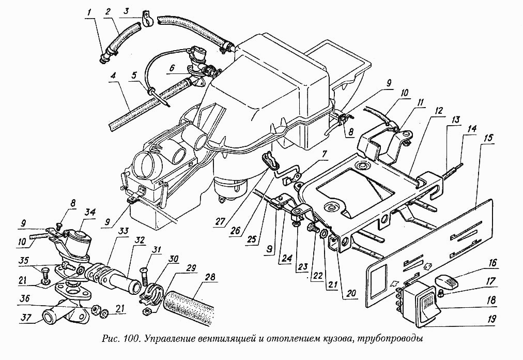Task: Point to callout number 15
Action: pyautogui.click(x=487, y=139)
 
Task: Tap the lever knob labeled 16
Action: pyautogui.click(x=446, y=281)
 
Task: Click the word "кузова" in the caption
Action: pyautogui.click(x=352, y=340)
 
